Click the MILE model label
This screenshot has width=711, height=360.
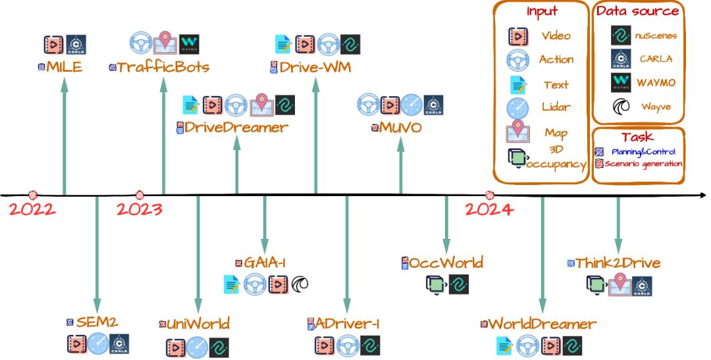pos(64,67)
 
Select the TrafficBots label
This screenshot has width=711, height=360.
pos(163,67)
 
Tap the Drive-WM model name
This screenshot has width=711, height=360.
pos(317,67)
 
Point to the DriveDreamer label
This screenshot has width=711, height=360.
pos(237,127)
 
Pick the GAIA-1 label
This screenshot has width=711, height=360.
pos(265,263)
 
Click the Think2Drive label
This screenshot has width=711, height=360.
pos(618,263)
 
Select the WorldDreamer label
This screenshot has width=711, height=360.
pos(542,324)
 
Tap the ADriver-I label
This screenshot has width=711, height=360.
pos(347,324)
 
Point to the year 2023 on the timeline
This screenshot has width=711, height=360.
pos(140,210)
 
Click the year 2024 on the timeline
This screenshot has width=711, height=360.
pos(488,210)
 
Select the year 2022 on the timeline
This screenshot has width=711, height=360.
pos(32,210)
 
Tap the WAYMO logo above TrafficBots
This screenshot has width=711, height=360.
pos(190,44)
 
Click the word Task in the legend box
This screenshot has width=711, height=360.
pos(637,137)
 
